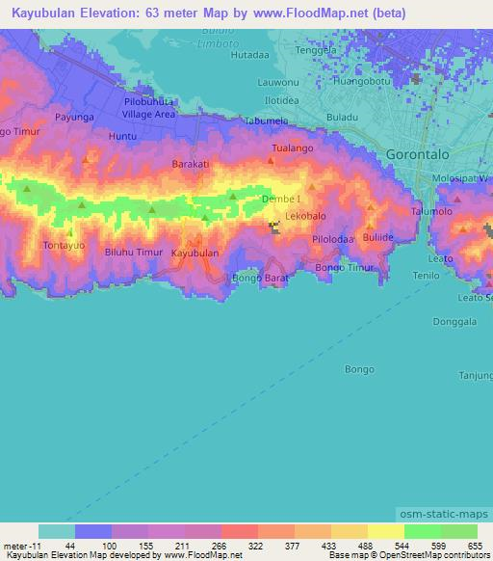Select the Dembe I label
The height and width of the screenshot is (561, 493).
coord(281,200)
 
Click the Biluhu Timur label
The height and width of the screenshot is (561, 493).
coord(133,253)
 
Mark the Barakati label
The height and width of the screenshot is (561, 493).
coord(190,164)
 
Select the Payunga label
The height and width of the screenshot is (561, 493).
coord(74,117)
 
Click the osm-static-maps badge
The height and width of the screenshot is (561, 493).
coord(451,515)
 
